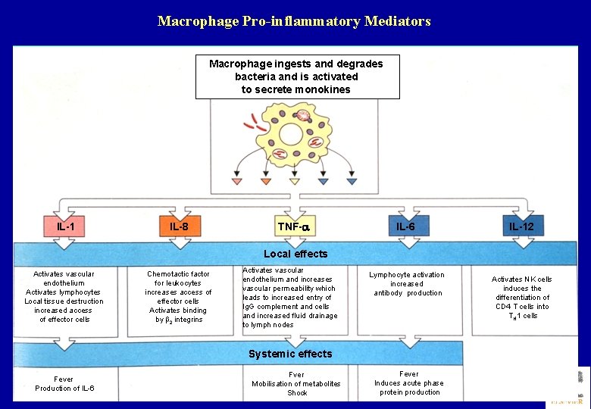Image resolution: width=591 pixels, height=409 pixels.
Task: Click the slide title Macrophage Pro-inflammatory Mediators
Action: click(294, 21)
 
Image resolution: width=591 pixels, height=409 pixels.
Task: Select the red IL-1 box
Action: click(65, 226)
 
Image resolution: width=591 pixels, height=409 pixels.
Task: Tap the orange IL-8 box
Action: click(179, 226)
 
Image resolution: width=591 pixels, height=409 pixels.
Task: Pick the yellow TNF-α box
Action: click(294, 226)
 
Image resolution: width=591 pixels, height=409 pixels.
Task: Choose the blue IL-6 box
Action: click(405, 226)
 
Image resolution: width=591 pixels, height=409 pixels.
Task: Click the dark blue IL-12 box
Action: click(521, 226)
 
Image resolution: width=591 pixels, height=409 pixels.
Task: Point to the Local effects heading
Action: click(295, 254)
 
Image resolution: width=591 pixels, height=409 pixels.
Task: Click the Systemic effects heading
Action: click(290, 354)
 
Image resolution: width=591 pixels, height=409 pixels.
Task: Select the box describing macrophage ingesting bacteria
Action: click(297, 76)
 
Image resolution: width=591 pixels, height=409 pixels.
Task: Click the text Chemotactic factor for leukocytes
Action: click(179, 278)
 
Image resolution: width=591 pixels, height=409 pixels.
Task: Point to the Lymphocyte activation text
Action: click(407, 275)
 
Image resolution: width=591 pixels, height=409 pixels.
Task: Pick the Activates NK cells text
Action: click(522, 279)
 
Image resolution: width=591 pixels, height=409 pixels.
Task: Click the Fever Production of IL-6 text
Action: click(64, 384)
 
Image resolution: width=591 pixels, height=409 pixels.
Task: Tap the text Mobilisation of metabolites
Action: click(296, 384)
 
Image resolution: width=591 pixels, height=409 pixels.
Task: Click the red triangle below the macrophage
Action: click(237, 182)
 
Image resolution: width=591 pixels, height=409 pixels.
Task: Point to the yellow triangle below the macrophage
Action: click(294, 182)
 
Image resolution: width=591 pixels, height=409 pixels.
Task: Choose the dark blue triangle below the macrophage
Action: click(352, 182)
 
